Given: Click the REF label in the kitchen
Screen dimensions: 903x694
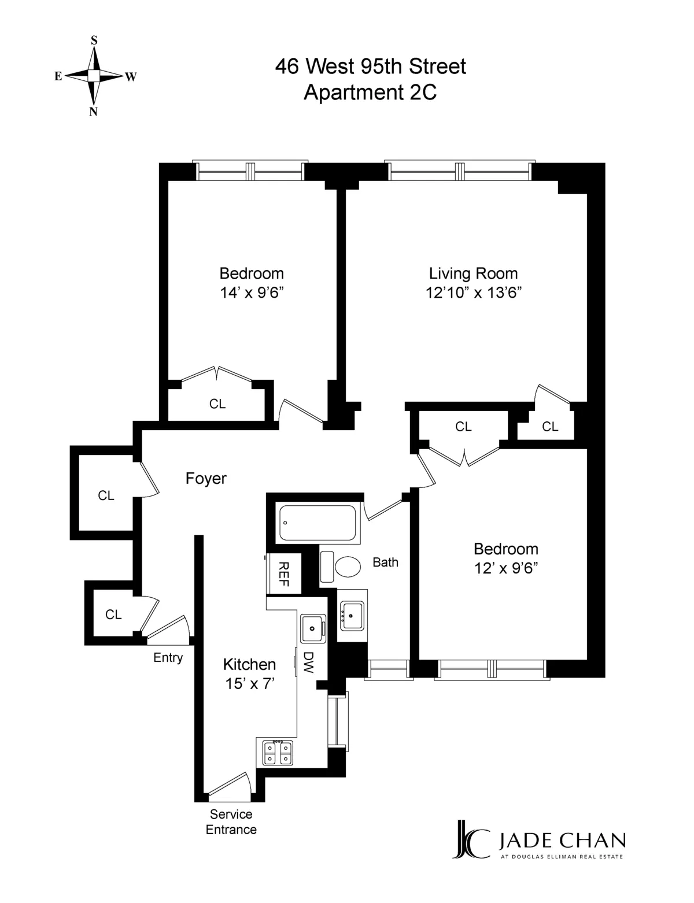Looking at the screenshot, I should (283, 574).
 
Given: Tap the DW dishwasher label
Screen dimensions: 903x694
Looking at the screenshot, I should (309, 663).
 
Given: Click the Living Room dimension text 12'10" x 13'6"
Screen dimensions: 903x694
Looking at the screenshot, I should (474, 293).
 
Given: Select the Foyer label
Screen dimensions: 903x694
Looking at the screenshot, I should (206, 479).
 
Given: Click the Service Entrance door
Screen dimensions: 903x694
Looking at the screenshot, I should (229, 787).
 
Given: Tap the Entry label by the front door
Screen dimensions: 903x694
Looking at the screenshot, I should (168, 658).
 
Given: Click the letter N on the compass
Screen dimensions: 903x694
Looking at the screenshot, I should (93, 112).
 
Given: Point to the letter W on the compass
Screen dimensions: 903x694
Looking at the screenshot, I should (131, 77).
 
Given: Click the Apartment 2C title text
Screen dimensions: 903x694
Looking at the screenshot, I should (370, 92).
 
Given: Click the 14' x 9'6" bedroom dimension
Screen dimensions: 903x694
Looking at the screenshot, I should (252, 293).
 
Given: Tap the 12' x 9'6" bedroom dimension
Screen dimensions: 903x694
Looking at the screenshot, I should (506, 568).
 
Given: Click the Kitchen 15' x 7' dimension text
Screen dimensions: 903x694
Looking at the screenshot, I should (250, 684).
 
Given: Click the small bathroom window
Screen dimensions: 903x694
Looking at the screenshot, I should (389, 669).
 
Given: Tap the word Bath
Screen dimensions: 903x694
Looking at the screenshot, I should (385, 562).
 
